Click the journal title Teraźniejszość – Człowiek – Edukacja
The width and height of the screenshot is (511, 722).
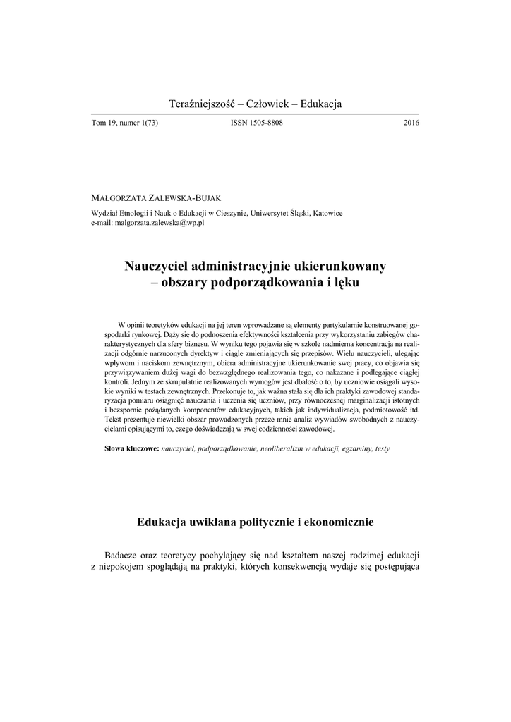(255, 104)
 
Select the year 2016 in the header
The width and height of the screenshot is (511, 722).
(411, 123)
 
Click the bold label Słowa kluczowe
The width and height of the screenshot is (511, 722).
(131, 448)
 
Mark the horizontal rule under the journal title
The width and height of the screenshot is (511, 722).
(255, 114)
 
